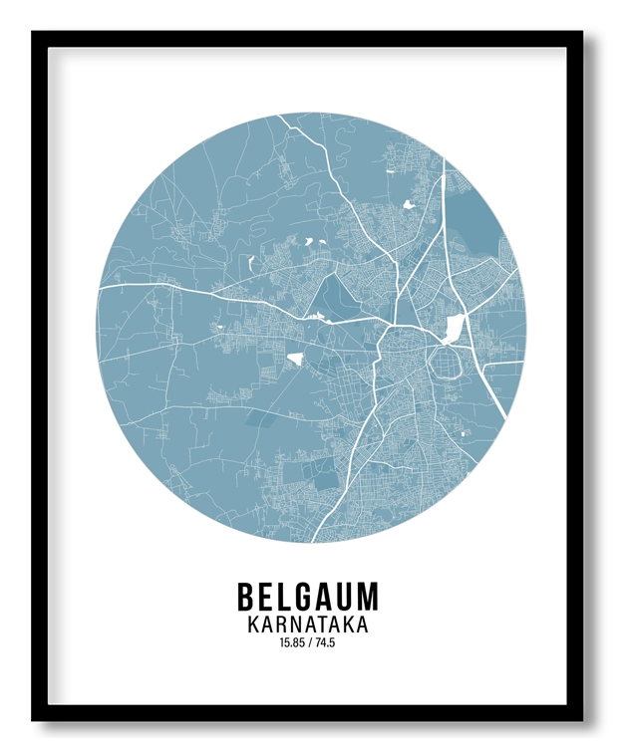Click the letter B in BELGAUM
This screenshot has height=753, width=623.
(247, 597)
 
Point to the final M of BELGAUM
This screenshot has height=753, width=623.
(369, 597)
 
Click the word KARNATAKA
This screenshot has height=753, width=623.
(307, 626)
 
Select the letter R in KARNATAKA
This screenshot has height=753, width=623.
(280, 626)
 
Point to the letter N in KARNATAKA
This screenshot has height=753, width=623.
(295, 626)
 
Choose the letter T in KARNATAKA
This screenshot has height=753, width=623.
(324, 626)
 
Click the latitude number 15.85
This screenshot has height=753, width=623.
(293, 643)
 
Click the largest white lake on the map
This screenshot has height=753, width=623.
(454, 327)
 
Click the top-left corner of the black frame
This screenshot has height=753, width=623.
(34, 33)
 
